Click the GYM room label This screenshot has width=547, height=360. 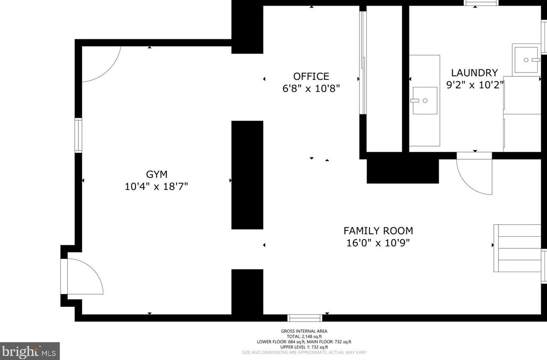pos(156,174)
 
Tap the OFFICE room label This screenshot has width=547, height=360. pos(311,76)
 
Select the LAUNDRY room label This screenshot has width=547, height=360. pos(475,73)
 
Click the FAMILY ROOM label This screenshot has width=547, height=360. pos(378,231)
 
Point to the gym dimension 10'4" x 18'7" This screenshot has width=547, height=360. pos(156,187)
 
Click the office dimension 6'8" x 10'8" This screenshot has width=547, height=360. pos(311,88)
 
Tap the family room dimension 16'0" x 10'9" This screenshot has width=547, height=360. pos(378,243)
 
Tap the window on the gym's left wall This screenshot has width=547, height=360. pos(78,135)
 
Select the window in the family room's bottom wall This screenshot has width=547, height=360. pos(305,318)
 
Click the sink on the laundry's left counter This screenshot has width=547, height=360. pos(425,101)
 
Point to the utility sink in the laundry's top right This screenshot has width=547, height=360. pos(526,60)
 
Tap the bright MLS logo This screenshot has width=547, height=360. pos(30,351)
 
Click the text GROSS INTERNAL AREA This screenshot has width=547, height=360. pos(304,331)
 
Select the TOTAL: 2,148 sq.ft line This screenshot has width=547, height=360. pos(304,337)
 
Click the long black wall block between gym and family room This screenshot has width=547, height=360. pos(247,175)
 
